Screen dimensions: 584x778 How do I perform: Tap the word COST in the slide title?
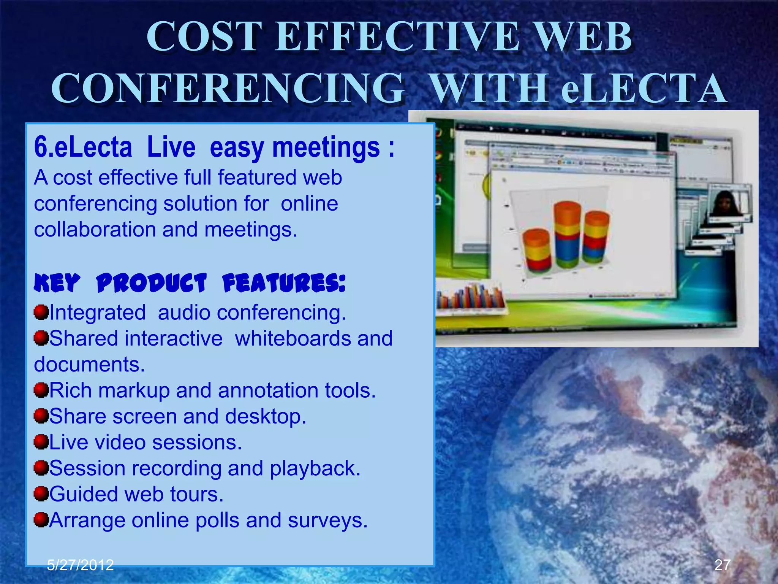pos(204,37)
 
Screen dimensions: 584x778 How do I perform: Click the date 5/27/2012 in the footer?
pos(80,565)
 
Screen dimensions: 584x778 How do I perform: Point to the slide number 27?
pos(722,565)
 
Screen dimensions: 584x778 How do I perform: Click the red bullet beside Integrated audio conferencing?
pos(41,312)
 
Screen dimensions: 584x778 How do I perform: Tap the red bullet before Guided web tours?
pos(41,494)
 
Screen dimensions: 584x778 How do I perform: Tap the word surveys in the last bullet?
pos(327,520)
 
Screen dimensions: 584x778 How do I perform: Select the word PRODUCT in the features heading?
pos(151,283)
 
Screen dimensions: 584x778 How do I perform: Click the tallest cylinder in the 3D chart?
pos(567,235)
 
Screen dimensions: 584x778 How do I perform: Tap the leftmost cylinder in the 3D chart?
pos(536,250)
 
